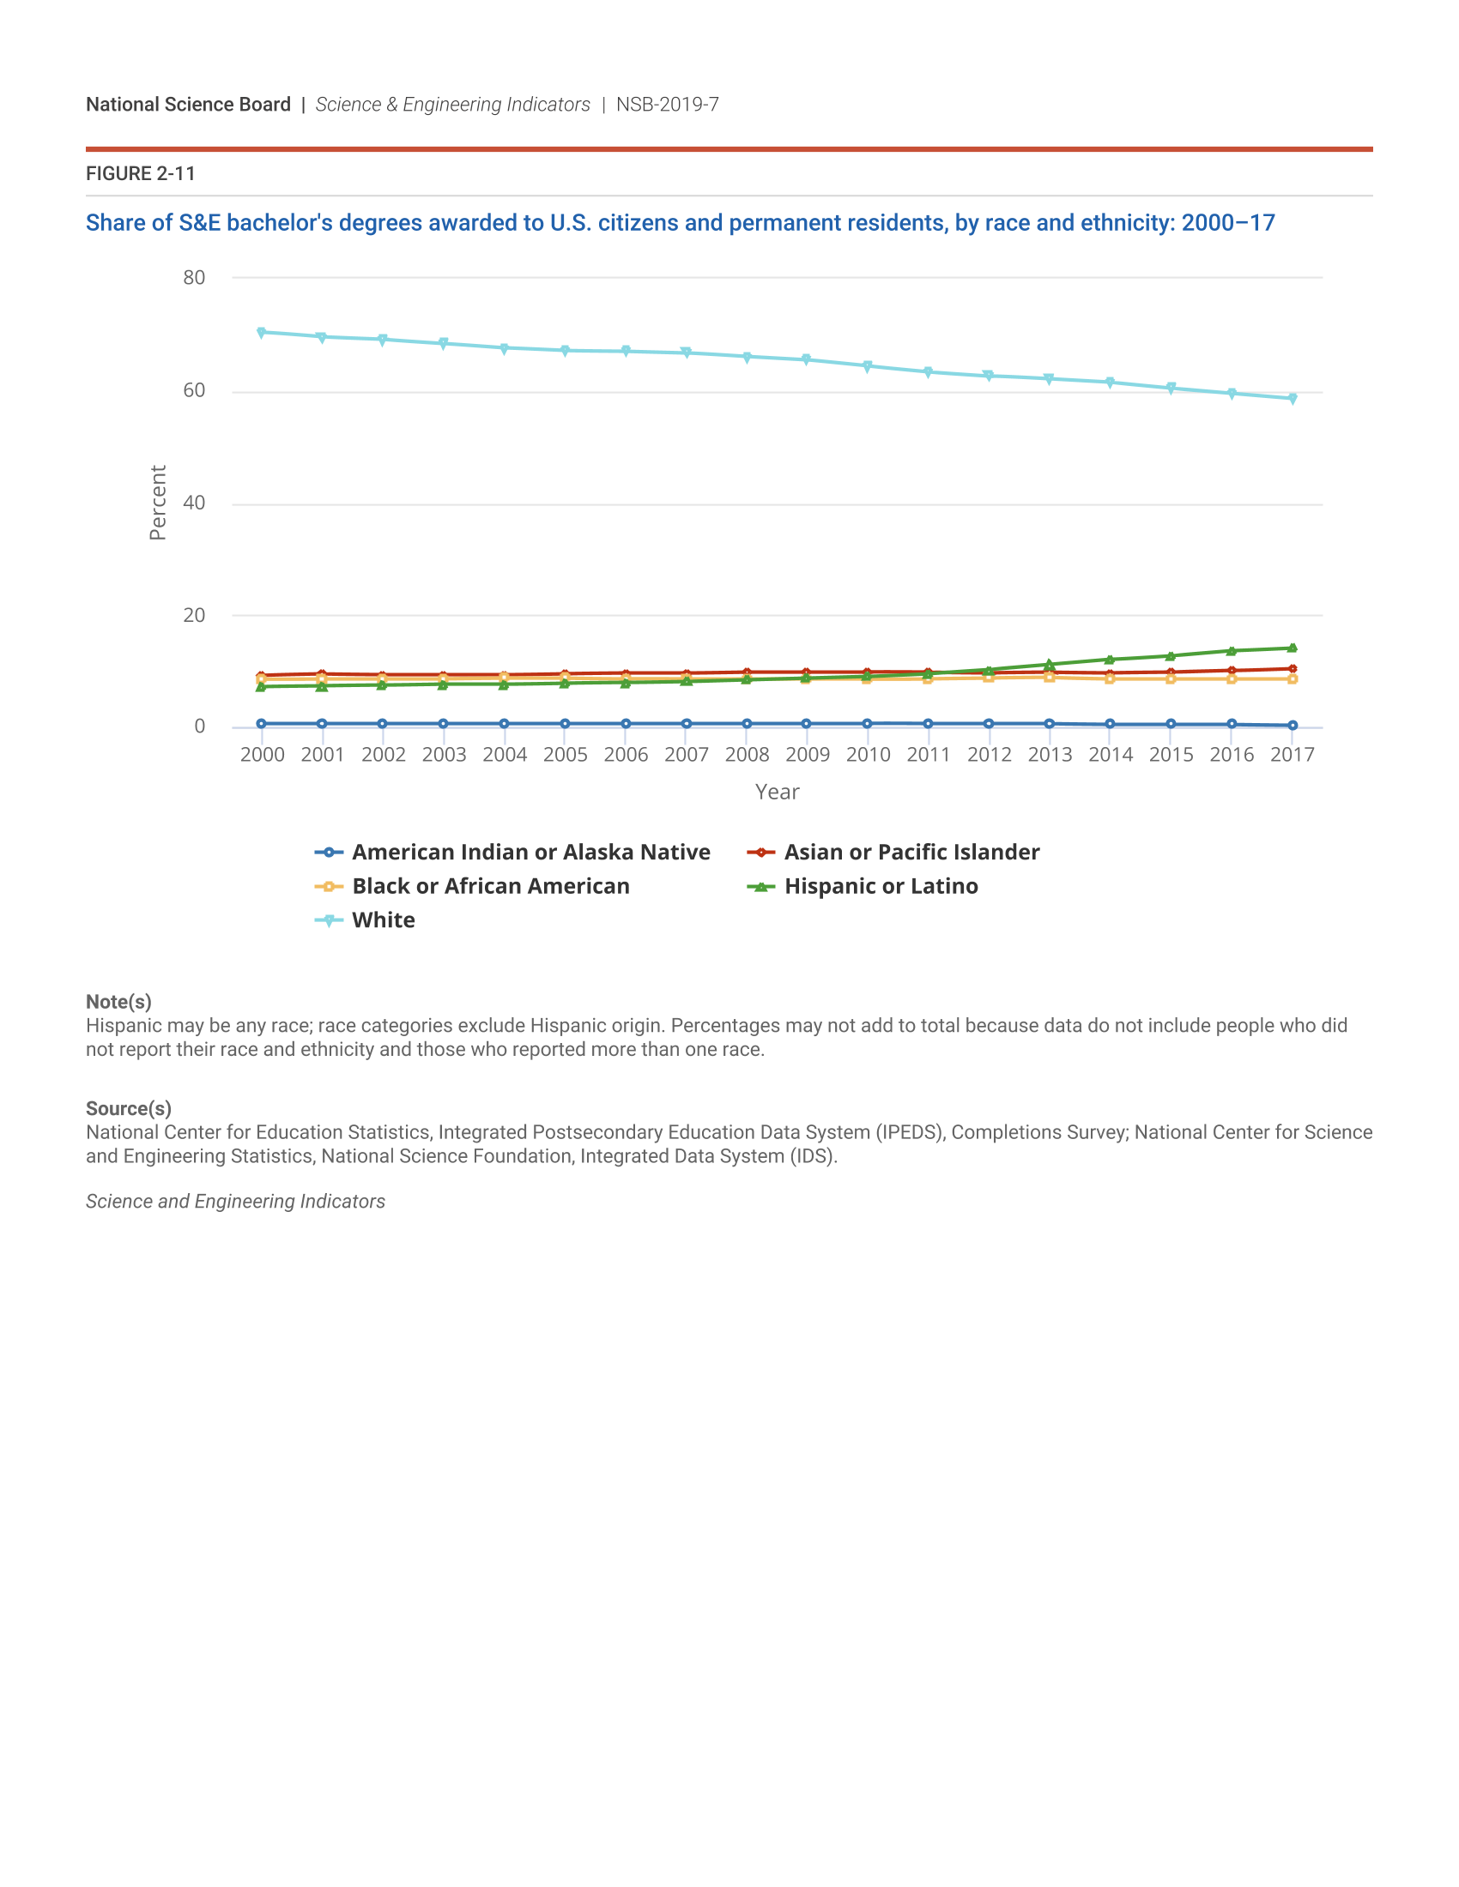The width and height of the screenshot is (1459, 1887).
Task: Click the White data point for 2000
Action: (x=261, y=333)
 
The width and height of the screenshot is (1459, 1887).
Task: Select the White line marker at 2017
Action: (x=1293, y=398)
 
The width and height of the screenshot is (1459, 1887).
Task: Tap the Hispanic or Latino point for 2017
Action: (x=1293, y=648)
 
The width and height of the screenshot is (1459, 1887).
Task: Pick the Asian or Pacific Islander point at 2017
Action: (x=1293, y=669)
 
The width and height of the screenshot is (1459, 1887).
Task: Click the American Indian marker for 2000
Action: (x=261, y=723)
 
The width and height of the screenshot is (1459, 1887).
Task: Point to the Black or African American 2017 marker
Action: (x=1293, y=679)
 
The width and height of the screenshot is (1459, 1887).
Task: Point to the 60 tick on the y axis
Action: (x=195, y=390)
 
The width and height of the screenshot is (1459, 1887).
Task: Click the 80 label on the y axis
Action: (x=195, y=277)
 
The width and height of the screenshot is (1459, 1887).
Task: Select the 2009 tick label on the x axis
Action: (x=808, y=755)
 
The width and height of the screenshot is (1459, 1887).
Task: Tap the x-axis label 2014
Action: (x=1110, y=755)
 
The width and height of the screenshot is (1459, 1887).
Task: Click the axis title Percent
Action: (x=157, y=503)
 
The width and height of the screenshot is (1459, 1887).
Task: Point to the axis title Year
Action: (x=777, y=793)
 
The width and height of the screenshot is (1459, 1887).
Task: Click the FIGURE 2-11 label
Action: (x=141, y=173)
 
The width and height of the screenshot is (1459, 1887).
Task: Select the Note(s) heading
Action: (x=118, y=1001)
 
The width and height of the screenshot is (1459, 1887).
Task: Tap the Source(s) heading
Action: (x=129, y=1108)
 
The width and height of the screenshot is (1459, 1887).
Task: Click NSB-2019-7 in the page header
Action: (x=667, y=105)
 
